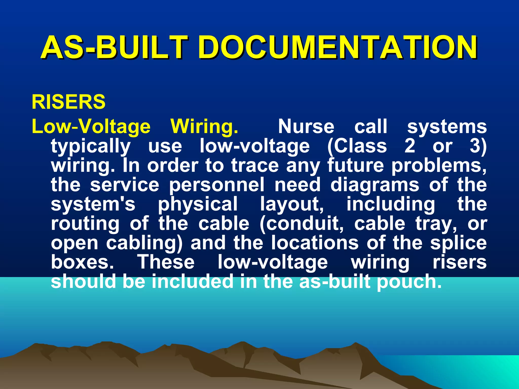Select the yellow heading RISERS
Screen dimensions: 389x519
68,102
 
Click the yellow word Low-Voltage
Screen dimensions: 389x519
91,127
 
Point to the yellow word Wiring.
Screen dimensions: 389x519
204,127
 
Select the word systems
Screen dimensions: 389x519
447,127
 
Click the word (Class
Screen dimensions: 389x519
357,146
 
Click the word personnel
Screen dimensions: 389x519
217,185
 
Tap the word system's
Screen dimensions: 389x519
93,204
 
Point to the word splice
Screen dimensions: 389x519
458,243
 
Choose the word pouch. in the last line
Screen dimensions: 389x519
409,282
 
